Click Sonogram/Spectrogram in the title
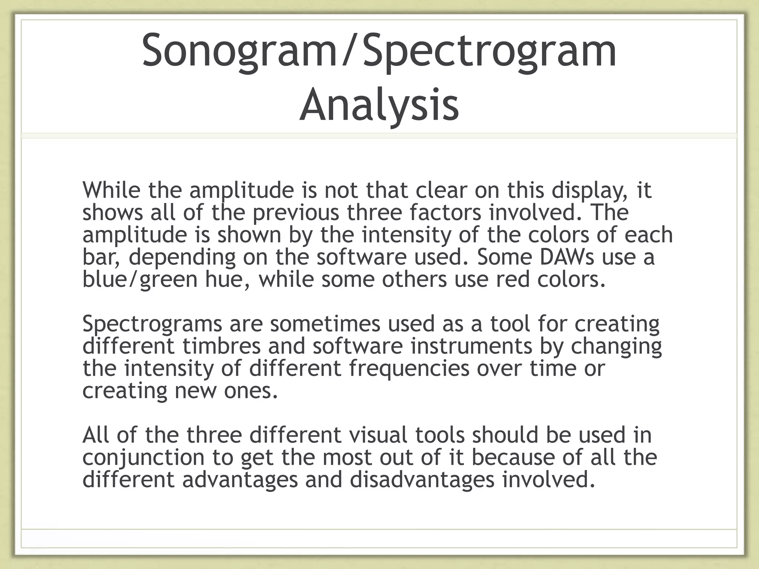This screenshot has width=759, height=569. (x=379, y=50)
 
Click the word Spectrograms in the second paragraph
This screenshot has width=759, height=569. (x=152, y=324)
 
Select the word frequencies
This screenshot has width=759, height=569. (x=409, y=369)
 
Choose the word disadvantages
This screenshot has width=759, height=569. (x=422, y=480)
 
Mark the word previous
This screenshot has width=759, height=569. (x=296, y=213)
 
